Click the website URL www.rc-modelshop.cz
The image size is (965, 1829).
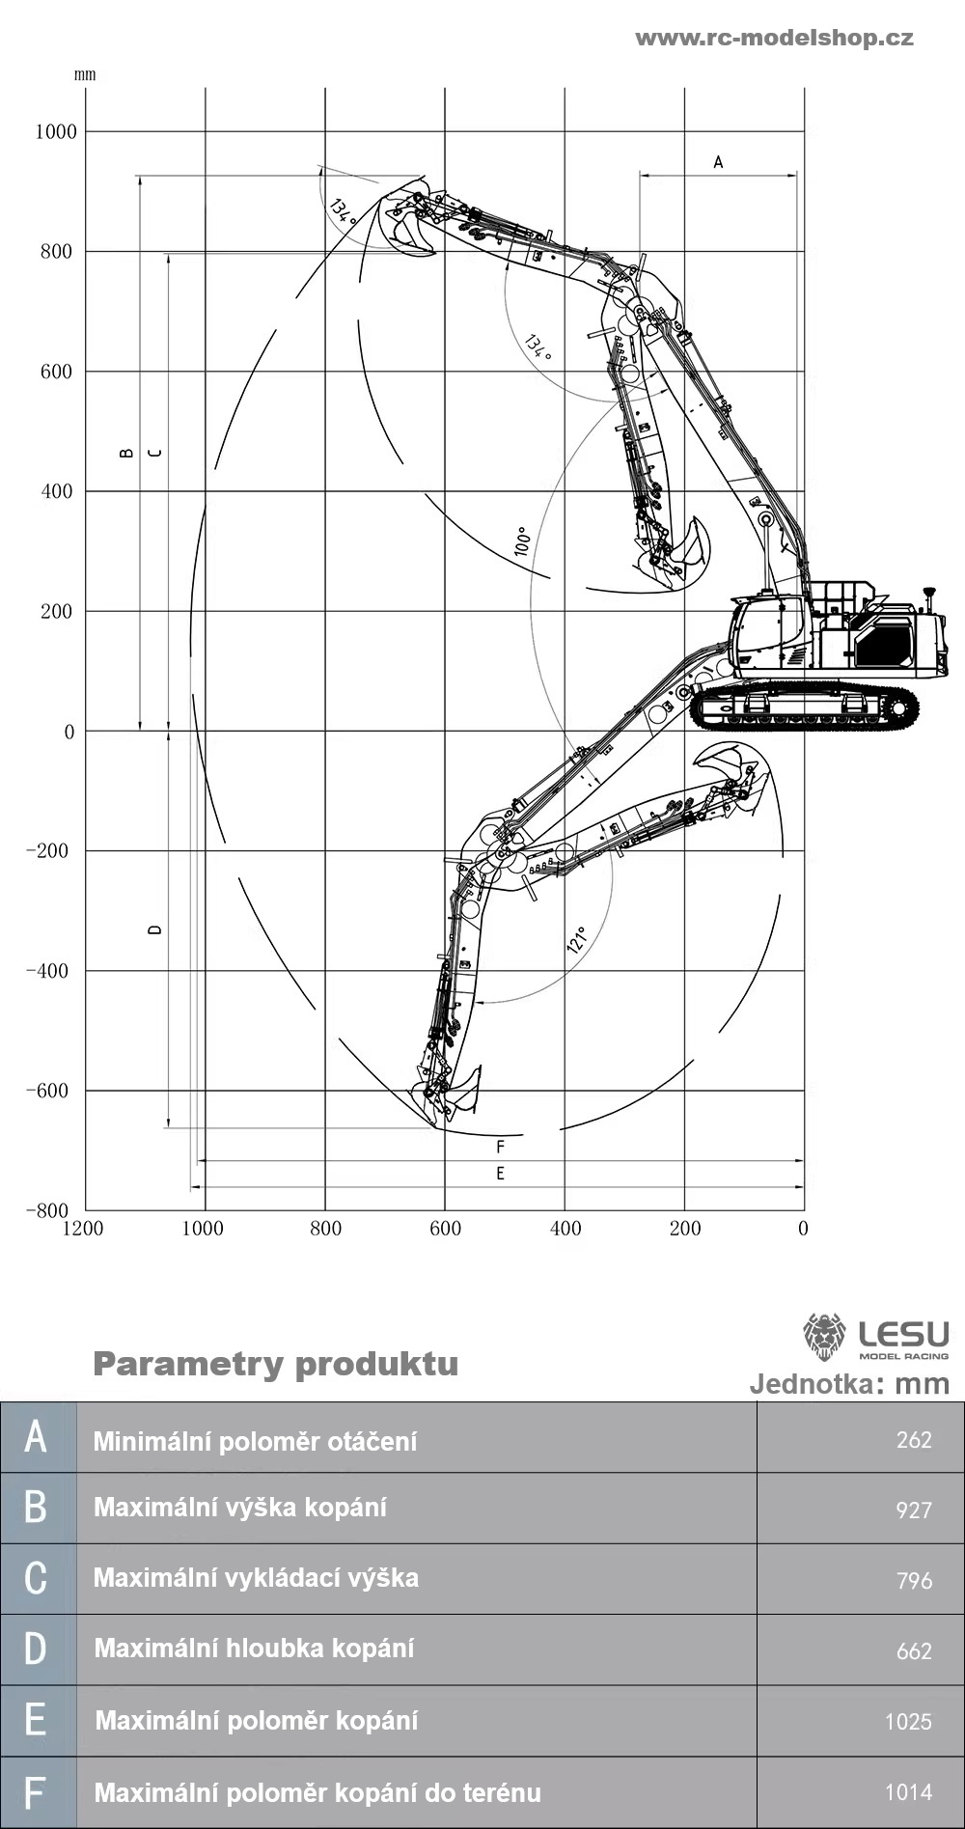coord(774,39)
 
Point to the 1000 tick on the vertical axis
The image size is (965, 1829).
coord(56,132)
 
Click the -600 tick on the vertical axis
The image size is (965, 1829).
coord(48,1092)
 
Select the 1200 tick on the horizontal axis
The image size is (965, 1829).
coord(83,1229)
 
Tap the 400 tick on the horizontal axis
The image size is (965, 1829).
coord(565,1229)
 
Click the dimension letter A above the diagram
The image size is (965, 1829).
coord(718,162)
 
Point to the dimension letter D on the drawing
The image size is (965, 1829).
coord(154,929)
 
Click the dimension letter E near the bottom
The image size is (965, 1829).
coord(500,1174)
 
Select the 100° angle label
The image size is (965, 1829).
coord(522,540)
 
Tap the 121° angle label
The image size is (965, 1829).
coord(577,940)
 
